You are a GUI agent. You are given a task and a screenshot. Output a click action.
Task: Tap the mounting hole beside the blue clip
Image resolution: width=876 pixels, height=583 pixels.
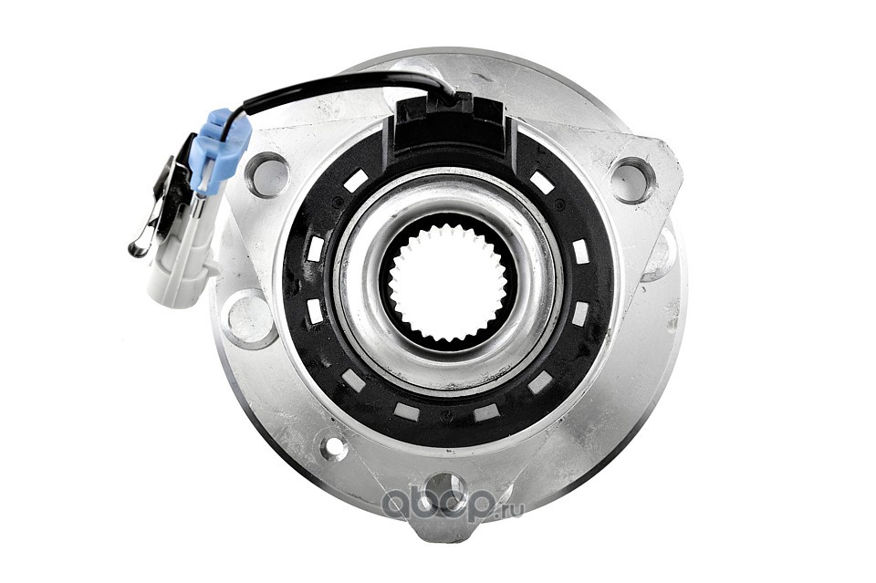click(x=267, y=174)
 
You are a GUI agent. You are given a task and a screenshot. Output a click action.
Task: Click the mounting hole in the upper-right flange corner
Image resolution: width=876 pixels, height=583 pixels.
click(x=633, y=179)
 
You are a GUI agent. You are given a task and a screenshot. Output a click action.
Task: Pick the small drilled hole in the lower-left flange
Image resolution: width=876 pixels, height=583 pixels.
click(x=335, y=445)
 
